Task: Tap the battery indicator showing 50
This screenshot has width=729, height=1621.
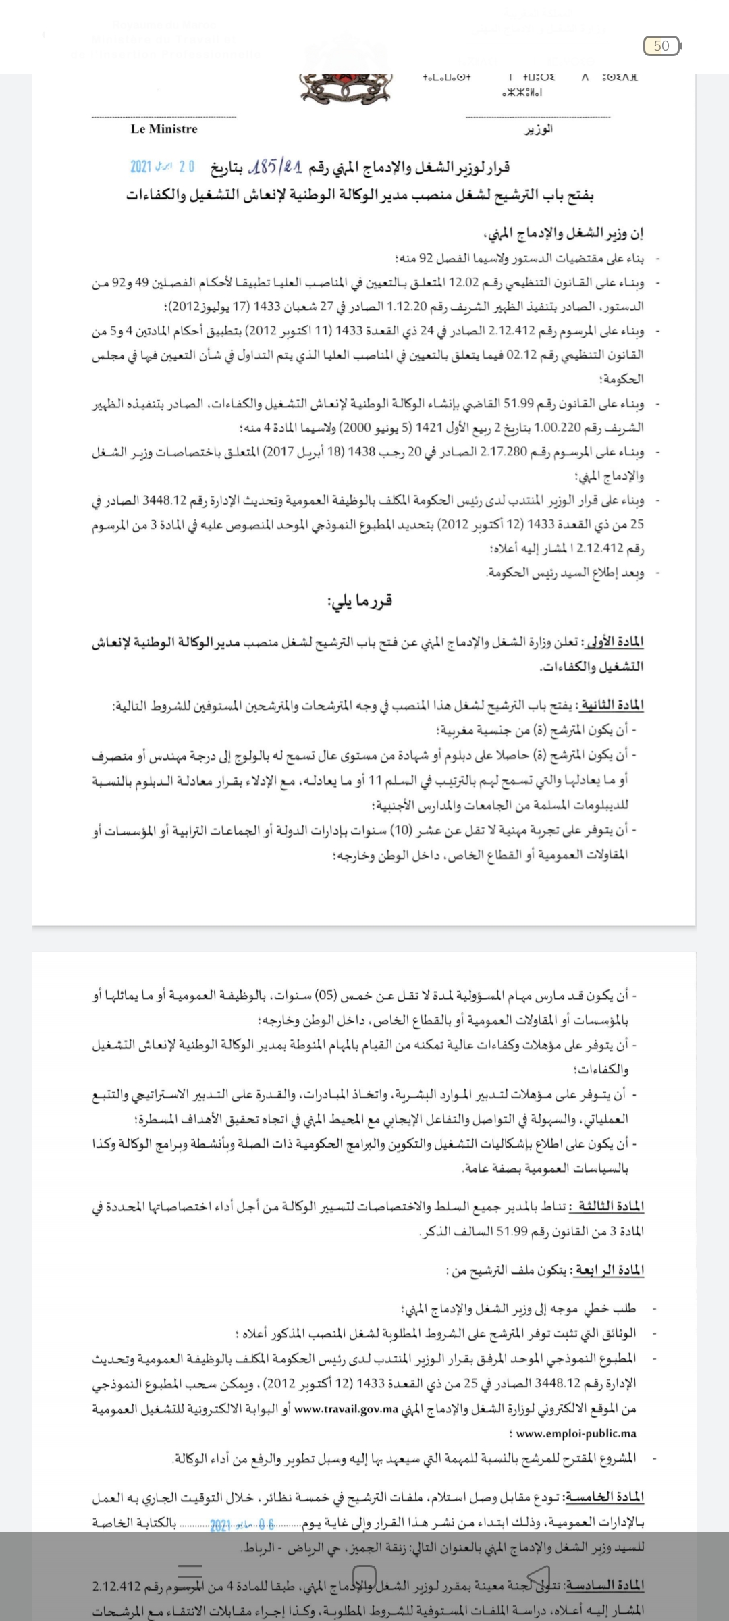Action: tap(662, 46)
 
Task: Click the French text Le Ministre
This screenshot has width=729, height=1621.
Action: tap(164, 129)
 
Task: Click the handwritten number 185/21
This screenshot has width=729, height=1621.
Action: tap(275, 165)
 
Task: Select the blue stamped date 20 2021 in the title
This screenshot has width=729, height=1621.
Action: tap(162, 166)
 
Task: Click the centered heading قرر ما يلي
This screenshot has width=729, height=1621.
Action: tap(360, 600)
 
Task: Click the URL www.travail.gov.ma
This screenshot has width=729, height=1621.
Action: tap(346, 1410)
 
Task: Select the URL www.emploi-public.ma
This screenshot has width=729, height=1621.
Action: tap(576, 1433)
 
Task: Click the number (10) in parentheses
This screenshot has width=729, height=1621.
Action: tap(404, 830)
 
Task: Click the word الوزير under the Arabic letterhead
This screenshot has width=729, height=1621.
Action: tap(539, 129)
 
